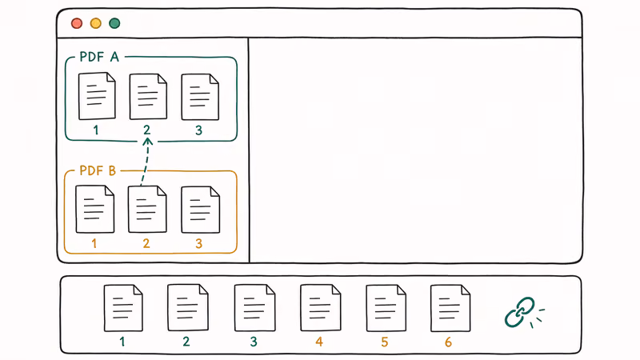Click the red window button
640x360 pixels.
click(x=77, y=23)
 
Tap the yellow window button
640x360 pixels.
click(x=96, y=23)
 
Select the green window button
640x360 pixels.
click(x=114, y=23)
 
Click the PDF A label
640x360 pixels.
click(x=99, y=57)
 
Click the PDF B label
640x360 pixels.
click(x=98, y=170)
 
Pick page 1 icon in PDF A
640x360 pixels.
click(x=97, y=96)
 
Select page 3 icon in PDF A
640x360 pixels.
click(x=200, y=97)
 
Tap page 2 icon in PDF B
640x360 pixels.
click(x=147, y=209)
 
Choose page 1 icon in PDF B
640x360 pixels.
click(x=94, y=209)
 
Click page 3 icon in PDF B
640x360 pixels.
click(x=201, y=210)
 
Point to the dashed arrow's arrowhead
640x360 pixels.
click(x=148, y=141)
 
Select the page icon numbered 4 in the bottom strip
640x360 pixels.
click(x=321, y=307)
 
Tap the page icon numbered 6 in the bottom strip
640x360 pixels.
click(x=450, y=308)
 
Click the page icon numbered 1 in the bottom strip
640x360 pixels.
click(x=123, y=308)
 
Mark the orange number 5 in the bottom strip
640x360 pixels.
click(x=385, y=342)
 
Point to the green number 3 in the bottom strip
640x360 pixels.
click(x=254, y=342)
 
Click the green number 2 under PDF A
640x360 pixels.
click(x=147, y=130)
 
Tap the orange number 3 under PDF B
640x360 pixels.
click(x=198, y=244)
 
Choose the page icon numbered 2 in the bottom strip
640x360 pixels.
click(x=188, y=307)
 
